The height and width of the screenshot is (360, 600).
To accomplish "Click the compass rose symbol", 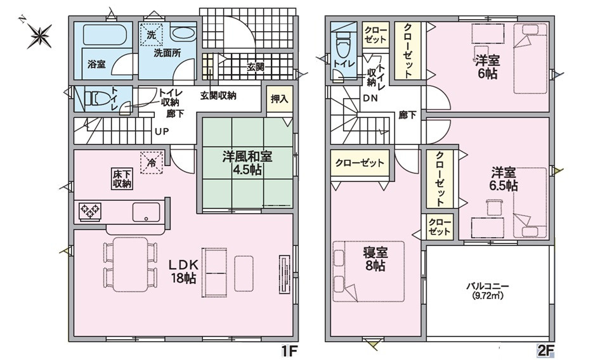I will (39, 35).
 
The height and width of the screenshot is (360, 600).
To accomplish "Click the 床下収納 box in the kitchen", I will (122, 179).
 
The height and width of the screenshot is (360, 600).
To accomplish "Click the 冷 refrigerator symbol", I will (151, 162).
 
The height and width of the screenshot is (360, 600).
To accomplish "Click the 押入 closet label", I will (279, 99).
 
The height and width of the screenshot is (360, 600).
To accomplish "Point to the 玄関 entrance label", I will (256, 67).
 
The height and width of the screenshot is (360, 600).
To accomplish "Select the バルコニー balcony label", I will (488, 290).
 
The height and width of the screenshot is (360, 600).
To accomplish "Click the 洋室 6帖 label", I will (486, 67).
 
